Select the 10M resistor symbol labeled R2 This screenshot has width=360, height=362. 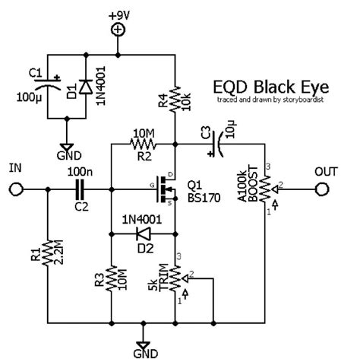143,142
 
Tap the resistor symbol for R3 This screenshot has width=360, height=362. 112,278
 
